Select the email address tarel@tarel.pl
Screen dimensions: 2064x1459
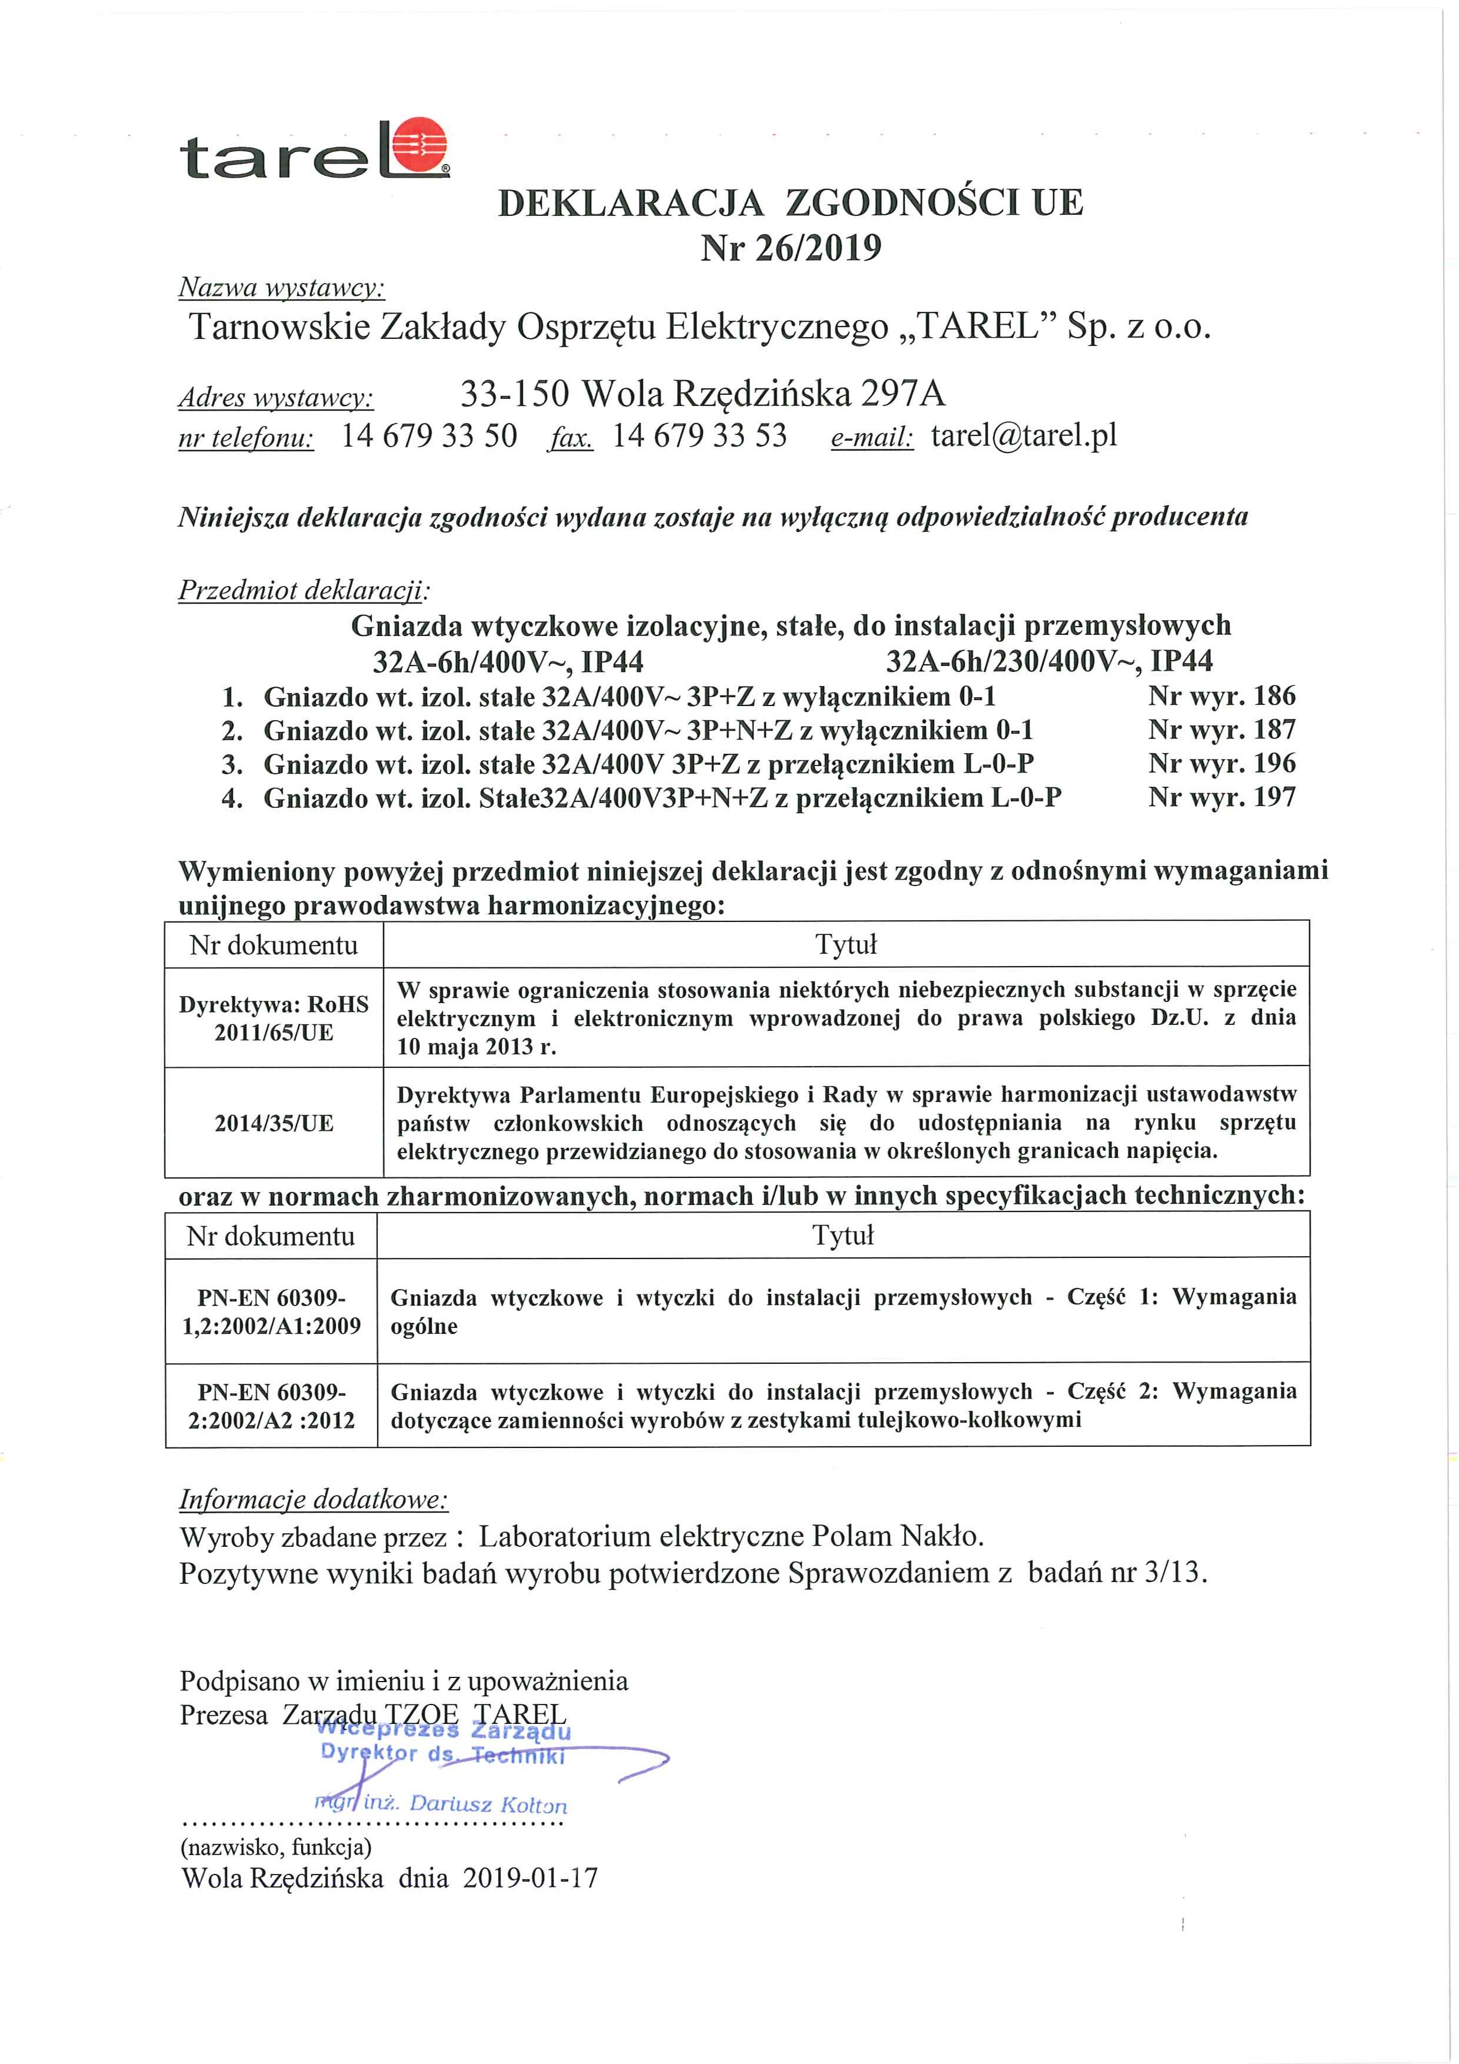(1024, 436)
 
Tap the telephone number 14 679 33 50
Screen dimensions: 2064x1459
(429, 436)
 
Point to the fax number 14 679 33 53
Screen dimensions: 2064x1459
(699, 436)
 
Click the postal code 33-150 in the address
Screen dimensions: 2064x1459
(514, 394)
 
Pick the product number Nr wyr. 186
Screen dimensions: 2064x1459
(1221, 696)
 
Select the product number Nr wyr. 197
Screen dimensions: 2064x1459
(1221, 797)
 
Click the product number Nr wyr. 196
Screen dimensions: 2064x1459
(1221, 763)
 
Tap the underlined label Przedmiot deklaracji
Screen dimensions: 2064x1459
(304, 591)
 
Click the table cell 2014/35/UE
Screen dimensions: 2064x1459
(274, 1123)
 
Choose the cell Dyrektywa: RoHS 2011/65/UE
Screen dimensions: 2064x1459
(274, 1018)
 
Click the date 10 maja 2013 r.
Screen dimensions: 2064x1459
(477, 1046)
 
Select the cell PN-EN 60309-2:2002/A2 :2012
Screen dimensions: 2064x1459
(271, 1406)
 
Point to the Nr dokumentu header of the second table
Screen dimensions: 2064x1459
(271, 1236)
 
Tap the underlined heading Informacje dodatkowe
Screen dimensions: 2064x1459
(313, 1499)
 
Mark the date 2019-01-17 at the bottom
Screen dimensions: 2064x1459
(531, 1878)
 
